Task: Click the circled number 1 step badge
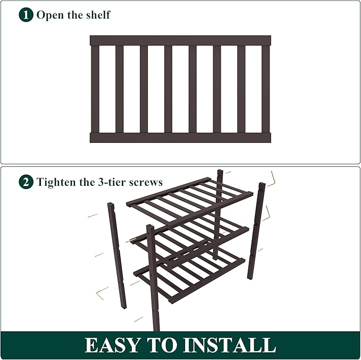[x=26, y=14]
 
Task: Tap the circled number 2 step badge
[x=26, y=182]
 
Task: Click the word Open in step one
[x=49, y=15]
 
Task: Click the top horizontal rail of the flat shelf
[x=180, y=40]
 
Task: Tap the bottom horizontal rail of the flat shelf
[x=180, y=138]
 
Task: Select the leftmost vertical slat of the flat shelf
[x=95, y=89]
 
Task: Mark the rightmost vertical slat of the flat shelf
[x=265, y=89]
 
